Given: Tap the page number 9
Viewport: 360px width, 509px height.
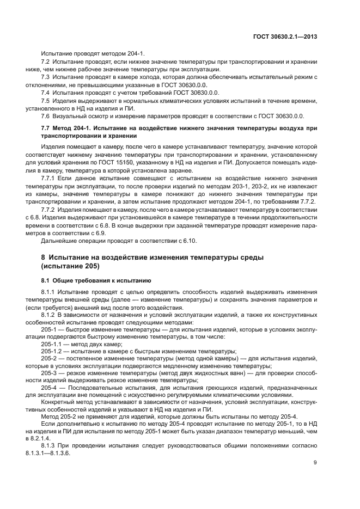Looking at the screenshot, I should [315, 463].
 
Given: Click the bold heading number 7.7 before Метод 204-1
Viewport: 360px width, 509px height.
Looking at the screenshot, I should [46, 128].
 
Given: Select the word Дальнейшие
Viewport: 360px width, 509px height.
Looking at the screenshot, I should [60, 225].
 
